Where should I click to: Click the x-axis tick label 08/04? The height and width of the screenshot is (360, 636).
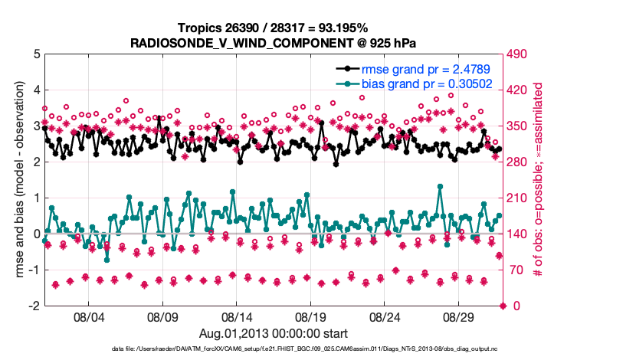pyautogui.click(x=88, y=316)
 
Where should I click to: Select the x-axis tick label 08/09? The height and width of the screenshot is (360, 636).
pyautogui.click(x=162, y=316)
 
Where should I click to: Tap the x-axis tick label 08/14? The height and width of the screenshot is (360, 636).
pyautogui.click(x=237, y=316)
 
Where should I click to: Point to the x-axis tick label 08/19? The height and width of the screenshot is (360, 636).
pyautogui.click(x=311, y=316)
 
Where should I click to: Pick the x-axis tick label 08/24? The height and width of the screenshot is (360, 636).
pyautogui.click(x=385, y=316)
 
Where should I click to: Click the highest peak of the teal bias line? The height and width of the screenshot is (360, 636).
pyautogui.click(x=440, y=186)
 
